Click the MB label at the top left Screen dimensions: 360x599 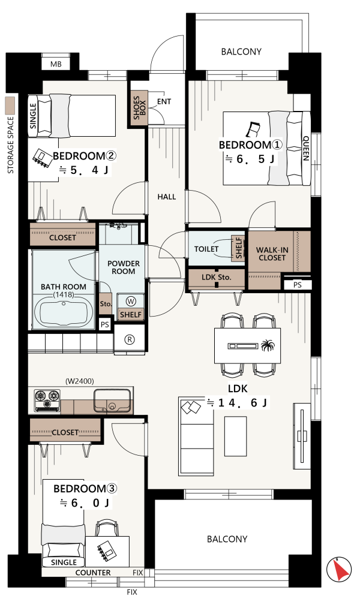(x=56, y=65)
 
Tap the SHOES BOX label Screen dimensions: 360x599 (x=139, y=108)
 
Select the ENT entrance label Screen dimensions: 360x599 (x=164, y=101)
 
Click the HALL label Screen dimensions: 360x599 (x=167, y=197)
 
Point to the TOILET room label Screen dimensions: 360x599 (x=206, y=249)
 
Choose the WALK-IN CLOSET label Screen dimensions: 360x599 (x=272, y=254)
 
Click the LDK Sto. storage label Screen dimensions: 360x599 (x=217, y=277)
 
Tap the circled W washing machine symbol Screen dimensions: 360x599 (x=131, y=302)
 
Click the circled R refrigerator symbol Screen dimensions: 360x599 (x=130, y=339)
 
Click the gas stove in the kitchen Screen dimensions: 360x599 (x=47, y=401)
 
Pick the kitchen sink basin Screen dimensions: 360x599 (x=112, y=401)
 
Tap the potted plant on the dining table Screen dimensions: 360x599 (x=268, y=345)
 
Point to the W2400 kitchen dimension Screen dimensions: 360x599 (x=79, y=381)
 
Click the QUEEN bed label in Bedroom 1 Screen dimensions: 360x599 (x=306, y=149)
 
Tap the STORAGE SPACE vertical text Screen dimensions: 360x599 (x=10, y=145)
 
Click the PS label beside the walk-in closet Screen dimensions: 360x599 (x=298, y=285)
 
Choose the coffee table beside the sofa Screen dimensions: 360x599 (x=235, y=437)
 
